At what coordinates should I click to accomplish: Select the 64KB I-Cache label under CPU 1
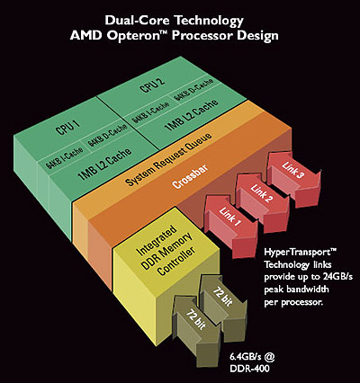[65, 157]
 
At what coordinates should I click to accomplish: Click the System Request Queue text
[168, 159]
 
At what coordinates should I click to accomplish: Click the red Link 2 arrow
[263, 199]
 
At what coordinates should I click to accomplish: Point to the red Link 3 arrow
[294, 177]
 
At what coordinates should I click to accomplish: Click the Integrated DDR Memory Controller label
[166, 251]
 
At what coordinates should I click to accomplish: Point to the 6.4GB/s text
[252, 357]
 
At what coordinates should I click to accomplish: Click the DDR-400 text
[249, 369]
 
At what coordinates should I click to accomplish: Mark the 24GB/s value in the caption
[337, 277]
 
